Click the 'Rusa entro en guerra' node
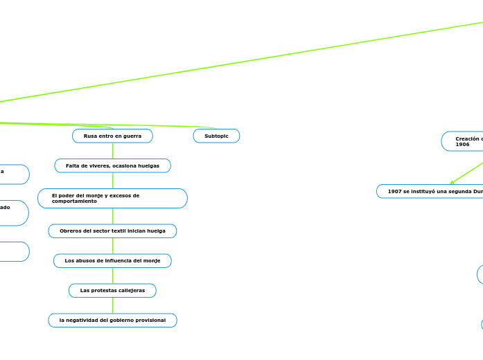coord(112,136)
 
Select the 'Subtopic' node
coord(216,136)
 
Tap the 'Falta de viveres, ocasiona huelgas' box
coord(112,166)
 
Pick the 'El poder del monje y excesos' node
coord(112,198)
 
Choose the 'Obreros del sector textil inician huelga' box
coord(112,231)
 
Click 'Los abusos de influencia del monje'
coord(112,261)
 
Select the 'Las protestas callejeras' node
coord(112,291)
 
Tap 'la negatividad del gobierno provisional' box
coord(112,321)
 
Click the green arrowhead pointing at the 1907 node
coord(453,183)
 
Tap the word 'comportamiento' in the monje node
coord(74,201)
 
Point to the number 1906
coord(462,145)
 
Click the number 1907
coord(395,191)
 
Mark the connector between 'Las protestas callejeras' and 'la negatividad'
coord(112,305)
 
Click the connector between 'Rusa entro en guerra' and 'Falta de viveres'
coord(112,151)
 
